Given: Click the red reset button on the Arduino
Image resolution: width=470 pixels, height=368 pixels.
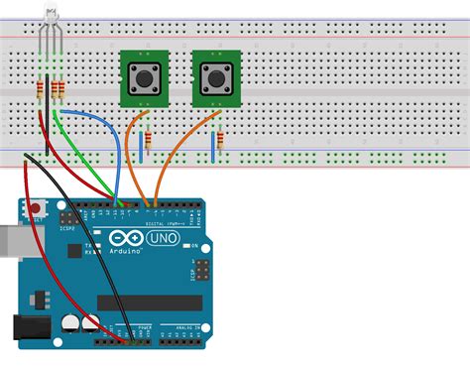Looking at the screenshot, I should [x=37, y=209].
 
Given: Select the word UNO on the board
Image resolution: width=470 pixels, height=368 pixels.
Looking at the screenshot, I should [x=160, y=239].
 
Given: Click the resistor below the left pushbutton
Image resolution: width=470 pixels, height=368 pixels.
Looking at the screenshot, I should [x=148, y=143].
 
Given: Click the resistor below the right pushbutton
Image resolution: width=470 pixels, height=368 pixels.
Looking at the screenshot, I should [x=219, y=144].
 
